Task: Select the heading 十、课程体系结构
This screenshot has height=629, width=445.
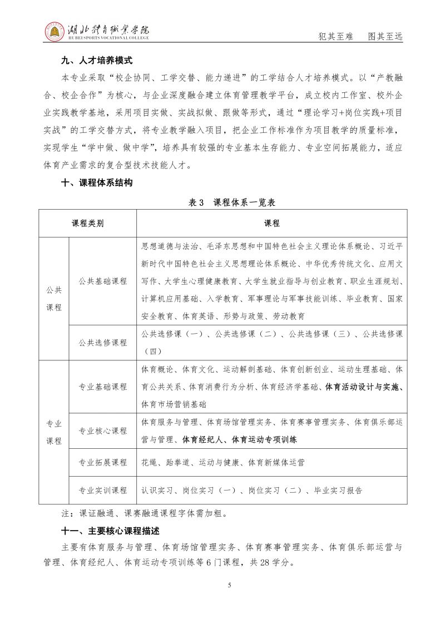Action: click(x=96, y=183)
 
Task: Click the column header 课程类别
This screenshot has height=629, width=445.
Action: click(x=87, y=224)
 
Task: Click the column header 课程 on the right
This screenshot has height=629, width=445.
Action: click(x=271, y=224)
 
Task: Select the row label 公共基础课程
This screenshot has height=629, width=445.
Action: click(x=103, y=281)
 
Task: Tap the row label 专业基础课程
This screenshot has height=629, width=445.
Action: click(x=103, y=387)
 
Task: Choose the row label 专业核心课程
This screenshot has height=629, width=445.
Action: click(x=103, y=430)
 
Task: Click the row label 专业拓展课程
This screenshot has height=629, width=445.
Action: click(x=103, y=462)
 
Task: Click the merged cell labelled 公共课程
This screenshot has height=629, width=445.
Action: click(x=54, y=299)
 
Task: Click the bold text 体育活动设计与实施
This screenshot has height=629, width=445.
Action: click(x=364, y=387)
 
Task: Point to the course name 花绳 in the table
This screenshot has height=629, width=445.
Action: click(x=149, y=462)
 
